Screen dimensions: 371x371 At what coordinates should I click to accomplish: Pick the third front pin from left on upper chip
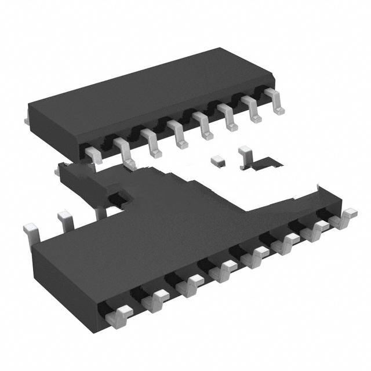pos(151,142)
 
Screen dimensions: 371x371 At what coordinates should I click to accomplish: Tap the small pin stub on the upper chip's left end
pos(27,121)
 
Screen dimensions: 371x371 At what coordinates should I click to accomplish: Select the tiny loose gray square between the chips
pos(218,158)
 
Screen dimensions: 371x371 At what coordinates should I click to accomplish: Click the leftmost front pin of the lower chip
pos(118,316)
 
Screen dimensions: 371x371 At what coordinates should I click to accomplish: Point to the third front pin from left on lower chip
pos(190,284)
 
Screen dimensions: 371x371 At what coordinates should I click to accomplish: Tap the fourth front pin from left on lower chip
pos(223,270)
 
